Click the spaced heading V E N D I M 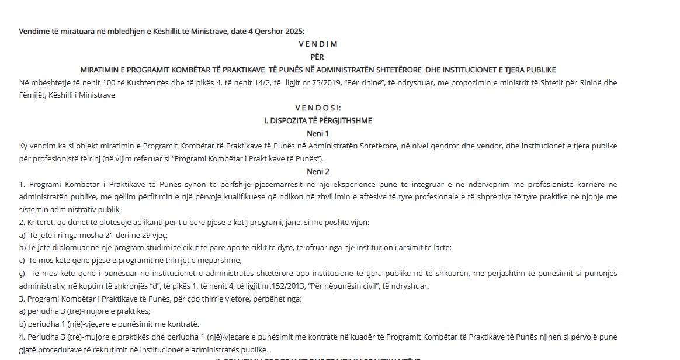[x=318, y=44]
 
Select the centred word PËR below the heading [x=318, y=57]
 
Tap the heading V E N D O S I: [x=318, y=108]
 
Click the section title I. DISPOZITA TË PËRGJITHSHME [x=318, y=120]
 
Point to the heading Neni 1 [x=318, y=133]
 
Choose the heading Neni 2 [x=318, y=171]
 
